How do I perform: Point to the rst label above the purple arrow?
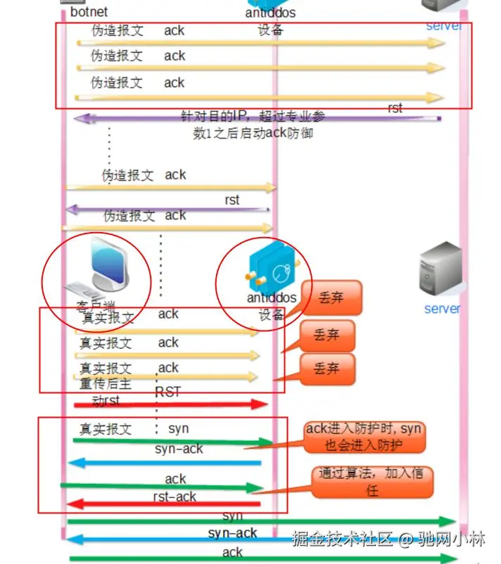395,108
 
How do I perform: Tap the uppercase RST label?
168,392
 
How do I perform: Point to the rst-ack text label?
175,496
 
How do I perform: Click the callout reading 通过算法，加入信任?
372,482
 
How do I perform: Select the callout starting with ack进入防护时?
364,437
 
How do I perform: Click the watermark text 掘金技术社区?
342,539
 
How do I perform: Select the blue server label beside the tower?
443,308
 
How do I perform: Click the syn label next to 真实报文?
179,428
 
